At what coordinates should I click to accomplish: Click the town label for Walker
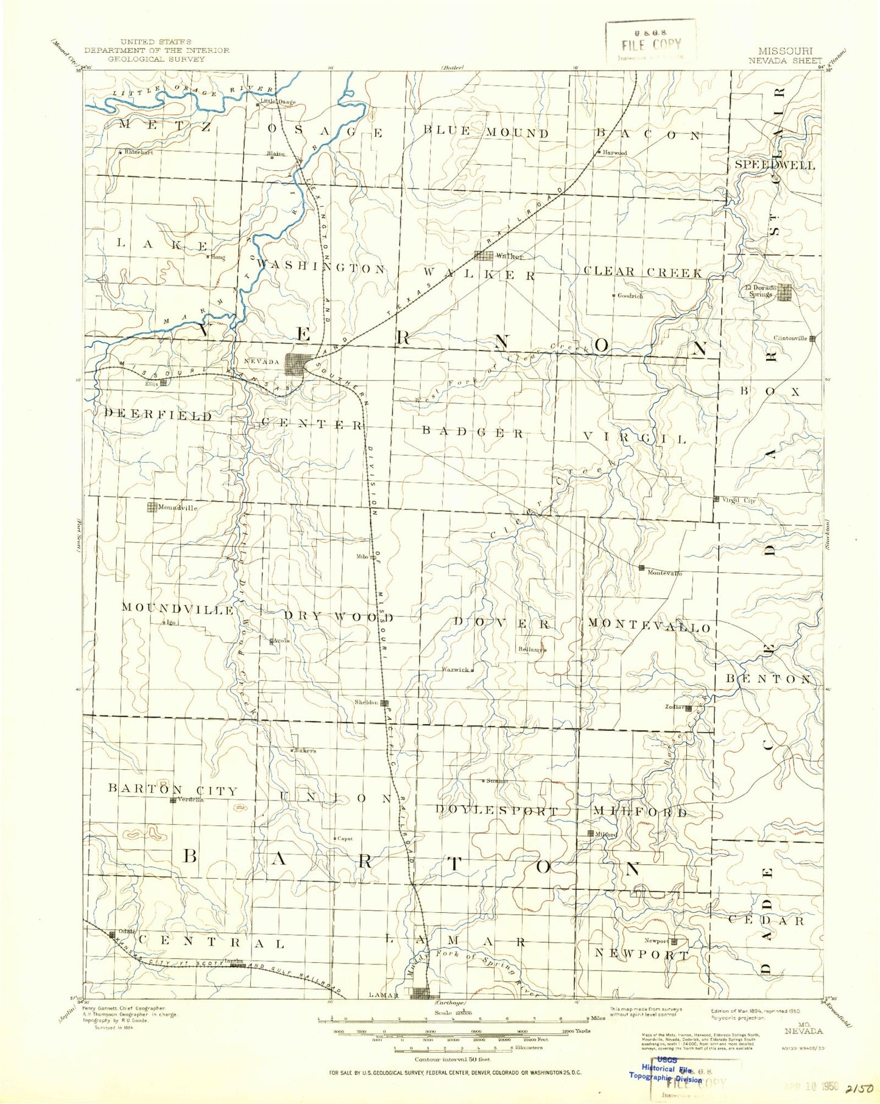coord(509,256)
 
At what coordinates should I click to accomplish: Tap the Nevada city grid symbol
coord(298,365)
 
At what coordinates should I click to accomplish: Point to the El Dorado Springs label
coord(759,291)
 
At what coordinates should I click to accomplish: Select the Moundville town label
coord(178,507)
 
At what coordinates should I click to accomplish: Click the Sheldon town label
coord(367,702)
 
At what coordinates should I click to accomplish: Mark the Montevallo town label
coord(664,573)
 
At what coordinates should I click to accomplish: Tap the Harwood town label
coord(615,153)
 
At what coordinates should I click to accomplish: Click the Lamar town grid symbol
coord(421,993)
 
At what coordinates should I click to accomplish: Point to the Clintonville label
coord(790,338)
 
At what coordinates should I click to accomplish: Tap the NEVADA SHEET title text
coord(785,60)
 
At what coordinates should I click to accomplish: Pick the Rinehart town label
coord(139,152)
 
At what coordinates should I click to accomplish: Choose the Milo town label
coord(362,557)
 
